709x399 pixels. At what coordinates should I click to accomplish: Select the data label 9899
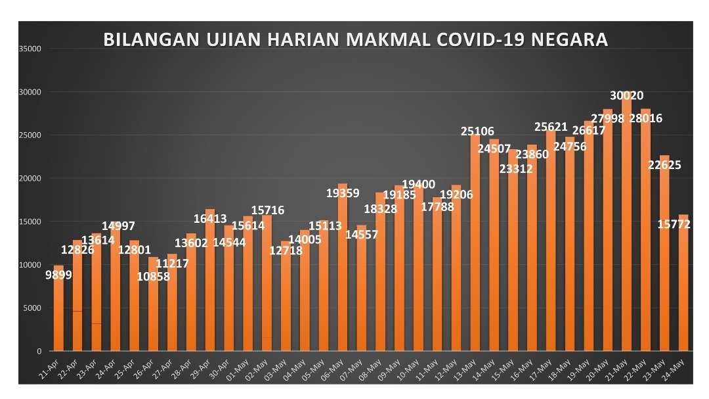click(58, 275)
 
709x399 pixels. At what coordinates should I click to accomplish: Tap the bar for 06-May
click(343, 276)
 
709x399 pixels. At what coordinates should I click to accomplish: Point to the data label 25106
click(477, 131)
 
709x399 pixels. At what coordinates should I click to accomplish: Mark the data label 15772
click(674, 225)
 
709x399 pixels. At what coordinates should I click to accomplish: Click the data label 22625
click(664, 165)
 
